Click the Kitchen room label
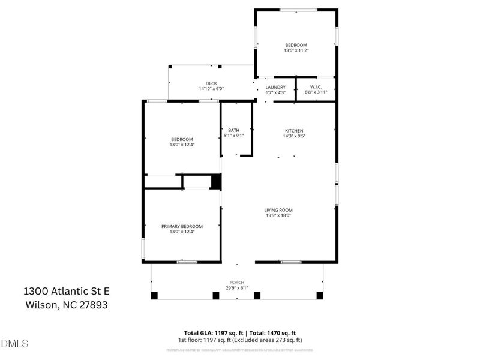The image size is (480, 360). click(x=294, y=131)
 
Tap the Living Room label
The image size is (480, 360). click(x=278, y=210)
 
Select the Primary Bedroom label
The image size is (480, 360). click(x=182, y=226)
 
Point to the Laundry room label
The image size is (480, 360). click(x=275, y=87)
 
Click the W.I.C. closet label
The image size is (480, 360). click(x=315, y=87)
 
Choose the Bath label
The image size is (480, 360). click(x=233, y=130)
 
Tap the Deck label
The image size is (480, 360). click(x=211, y=83)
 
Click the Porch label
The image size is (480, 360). click(x=237, y=282)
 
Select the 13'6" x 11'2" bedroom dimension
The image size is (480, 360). click(x=296, y=51)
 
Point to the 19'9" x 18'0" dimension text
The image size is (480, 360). click(x=278, y=215)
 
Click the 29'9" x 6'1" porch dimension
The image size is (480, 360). click(x=237, y=287)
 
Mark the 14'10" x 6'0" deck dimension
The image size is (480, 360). click(x=211, y=89)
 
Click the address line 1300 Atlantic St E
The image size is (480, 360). click(x=66, y=291)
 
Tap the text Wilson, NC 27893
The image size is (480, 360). click(x=66, y=304)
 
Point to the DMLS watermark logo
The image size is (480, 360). click(x=15, y=344)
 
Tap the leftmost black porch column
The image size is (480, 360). click(x=154, y=295)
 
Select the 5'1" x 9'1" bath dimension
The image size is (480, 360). click(x=233, y=136)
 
